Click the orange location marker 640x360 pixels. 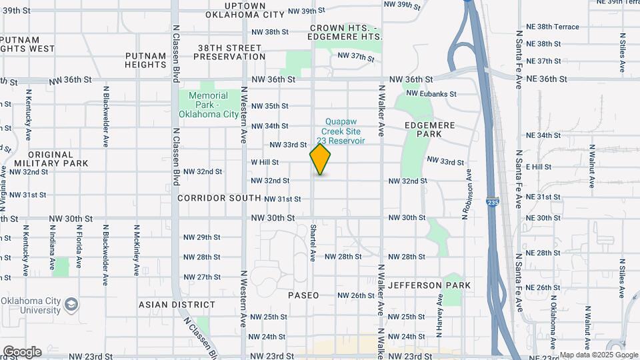[x=321, y=160]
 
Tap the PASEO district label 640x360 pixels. [x=303, y=295]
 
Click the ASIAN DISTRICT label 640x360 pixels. [x=177, y=305]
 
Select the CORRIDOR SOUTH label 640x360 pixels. [x=219, y=198]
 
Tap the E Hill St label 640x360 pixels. [x=539, y=167]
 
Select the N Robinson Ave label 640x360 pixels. [x=469, y=193]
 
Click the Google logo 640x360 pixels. [x=22, y=351]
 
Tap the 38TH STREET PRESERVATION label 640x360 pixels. [x=229, y=53]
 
